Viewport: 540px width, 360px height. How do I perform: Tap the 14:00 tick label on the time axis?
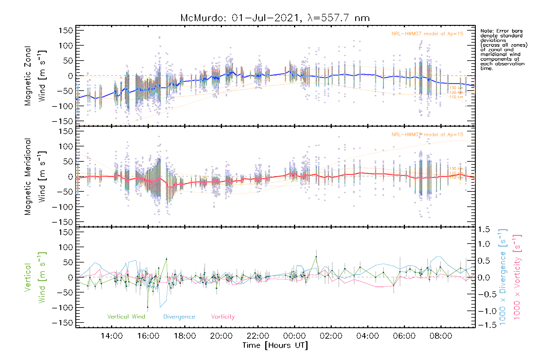click(x=112, y=336)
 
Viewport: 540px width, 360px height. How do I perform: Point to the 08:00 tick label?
click(x=441, y=336)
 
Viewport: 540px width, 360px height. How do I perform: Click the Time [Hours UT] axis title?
click(x=275, y=346)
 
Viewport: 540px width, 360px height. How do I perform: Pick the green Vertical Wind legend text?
click(x=126, y=317)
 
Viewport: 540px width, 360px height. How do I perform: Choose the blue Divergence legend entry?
click(x=179, y=317)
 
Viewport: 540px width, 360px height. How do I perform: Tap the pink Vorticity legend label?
click(x=223, y=317)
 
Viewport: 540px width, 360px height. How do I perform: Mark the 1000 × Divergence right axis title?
click(x=503, y=277)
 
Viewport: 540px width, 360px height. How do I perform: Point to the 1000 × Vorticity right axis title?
click(x=517, y=277)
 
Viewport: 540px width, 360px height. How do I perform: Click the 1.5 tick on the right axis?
click(x=484, y=229)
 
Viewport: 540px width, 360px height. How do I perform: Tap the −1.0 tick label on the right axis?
click(x=484, y=311)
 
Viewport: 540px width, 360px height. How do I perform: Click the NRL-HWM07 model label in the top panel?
click(x=427, y=34)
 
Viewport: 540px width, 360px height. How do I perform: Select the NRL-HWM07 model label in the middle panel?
click(x=427, y=135)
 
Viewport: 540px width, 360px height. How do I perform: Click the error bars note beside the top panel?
click(x=503, y=49)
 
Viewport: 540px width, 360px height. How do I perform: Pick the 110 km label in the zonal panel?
click(x=456, y=97)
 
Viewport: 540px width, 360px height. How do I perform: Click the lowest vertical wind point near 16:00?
click(x=148, y=307)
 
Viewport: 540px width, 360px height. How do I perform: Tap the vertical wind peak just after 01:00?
click(x=316, y=257)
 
